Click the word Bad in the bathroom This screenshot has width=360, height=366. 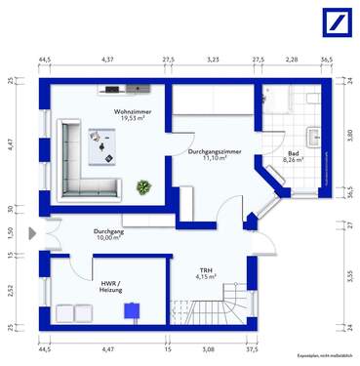293,152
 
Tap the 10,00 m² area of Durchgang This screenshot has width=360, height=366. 108,237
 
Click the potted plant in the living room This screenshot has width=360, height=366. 143,185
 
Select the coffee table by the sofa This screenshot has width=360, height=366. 101,148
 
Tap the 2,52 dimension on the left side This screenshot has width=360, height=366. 11,290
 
